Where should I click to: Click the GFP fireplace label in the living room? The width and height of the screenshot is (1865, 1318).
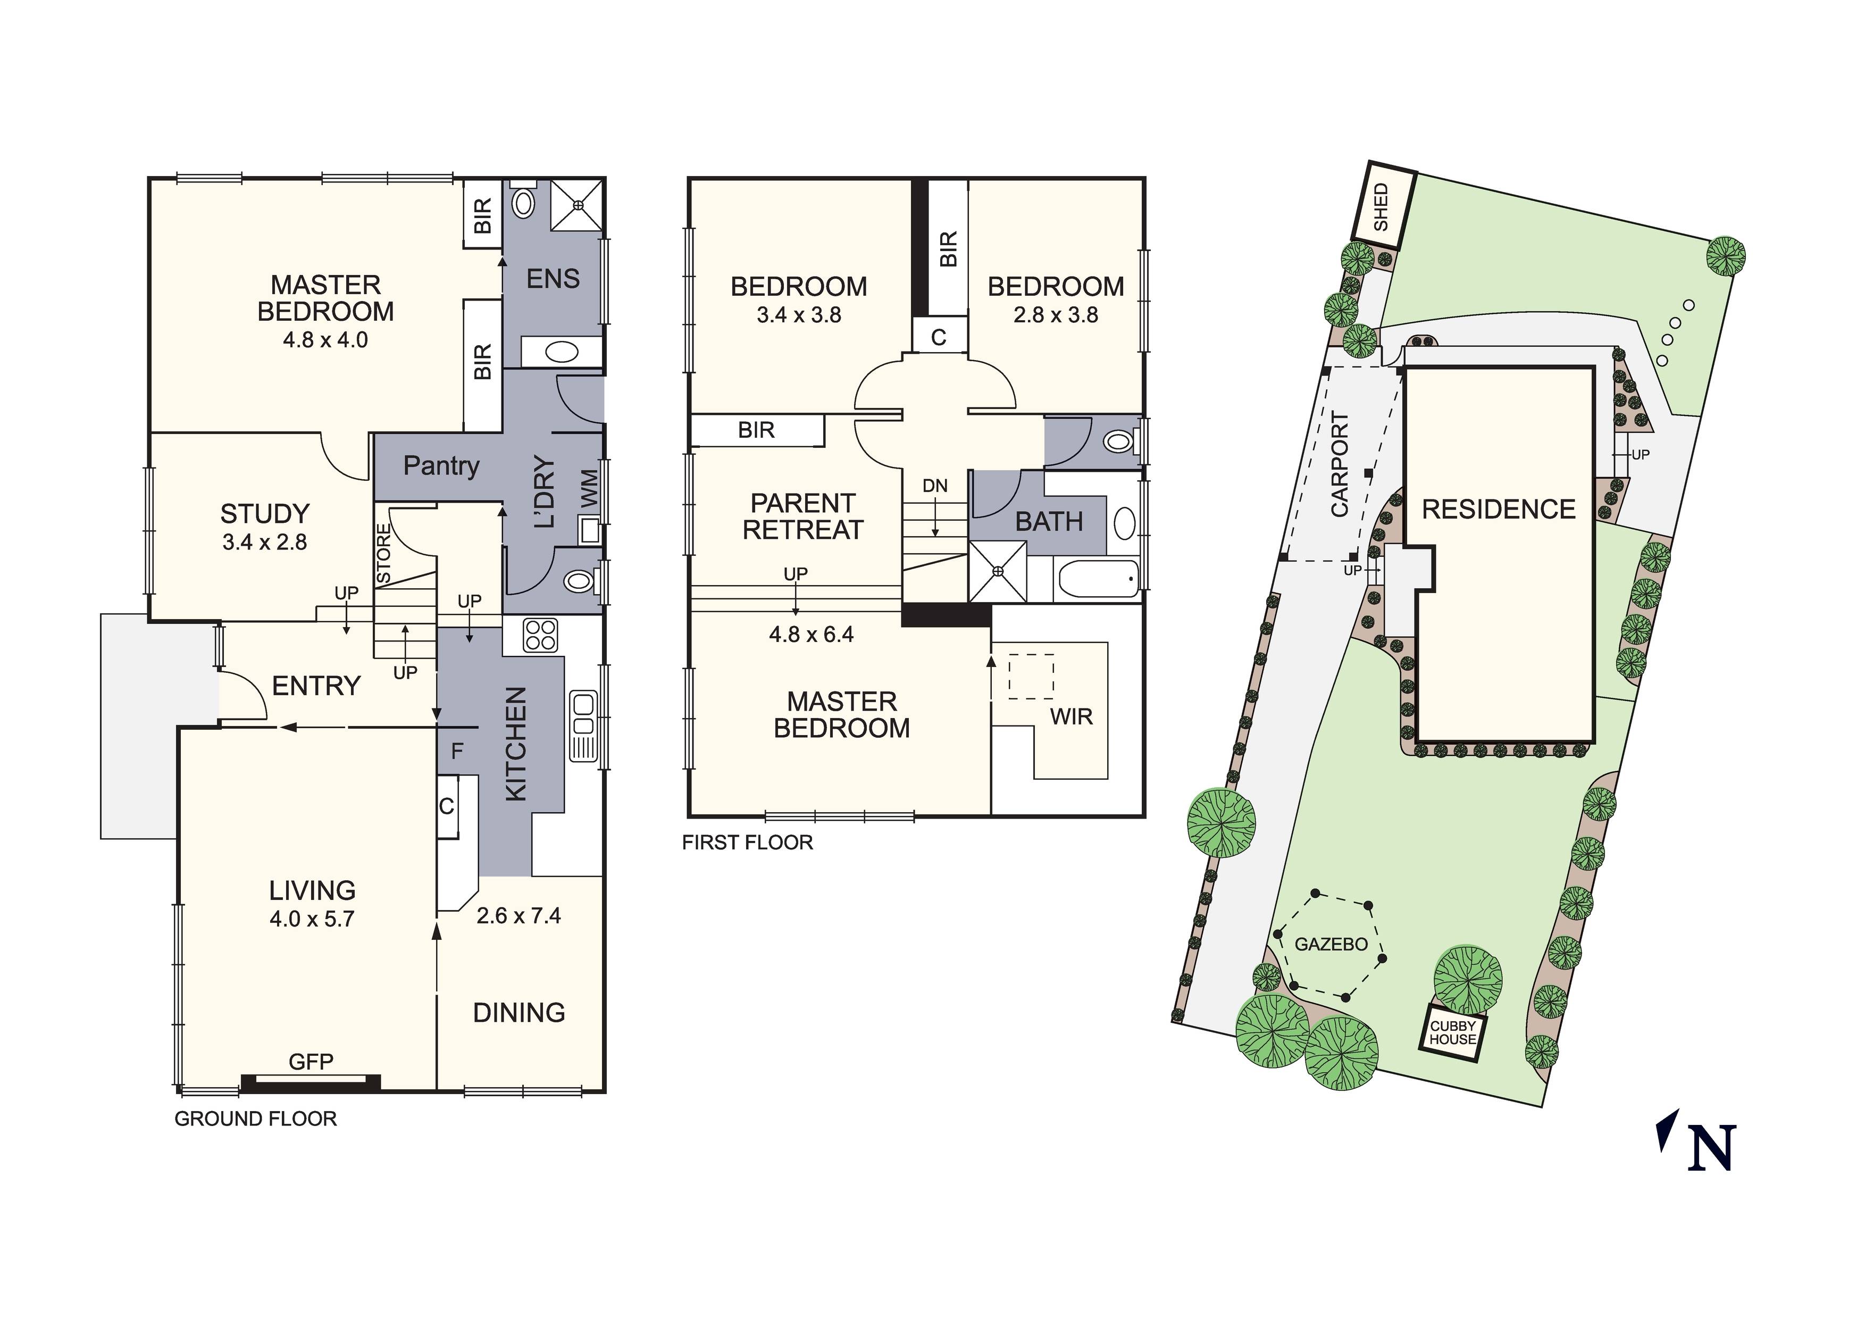point(311,1061)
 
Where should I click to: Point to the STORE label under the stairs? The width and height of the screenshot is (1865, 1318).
point(384,553)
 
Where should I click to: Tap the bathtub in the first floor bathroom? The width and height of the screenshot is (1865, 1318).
point(1098,579)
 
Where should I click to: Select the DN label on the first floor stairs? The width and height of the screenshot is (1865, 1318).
point(935,486)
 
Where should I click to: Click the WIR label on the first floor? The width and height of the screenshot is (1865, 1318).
point(1072,716)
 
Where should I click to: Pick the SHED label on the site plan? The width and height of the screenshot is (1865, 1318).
point(1382,207)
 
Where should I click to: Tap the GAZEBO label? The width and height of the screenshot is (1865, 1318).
point(1331,944)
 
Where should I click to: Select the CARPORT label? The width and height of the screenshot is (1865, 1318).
point(1340,464)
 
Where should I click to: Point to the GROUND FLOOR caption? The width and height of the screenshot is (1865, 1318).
point(256,1119)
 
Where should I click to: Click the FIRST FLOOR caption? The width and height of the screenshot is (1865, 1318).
point(747,842)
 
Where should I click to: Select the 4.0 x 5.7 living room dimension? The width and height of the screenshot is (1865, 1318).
point(312,919)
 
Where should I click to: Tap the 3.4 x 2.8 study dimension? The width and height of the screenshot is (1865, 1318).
point(265,542)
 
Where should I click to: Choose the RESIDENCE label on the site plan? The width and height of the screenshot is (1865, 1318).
point(1499,510)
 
